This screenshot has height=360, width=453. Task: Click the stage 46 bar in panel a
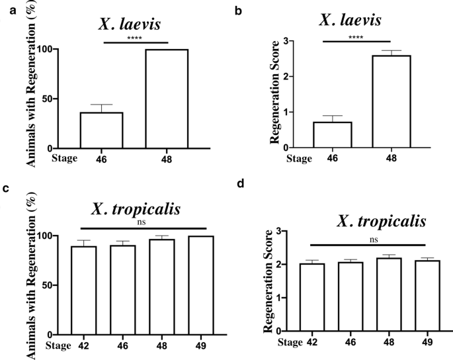(101, 130)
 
